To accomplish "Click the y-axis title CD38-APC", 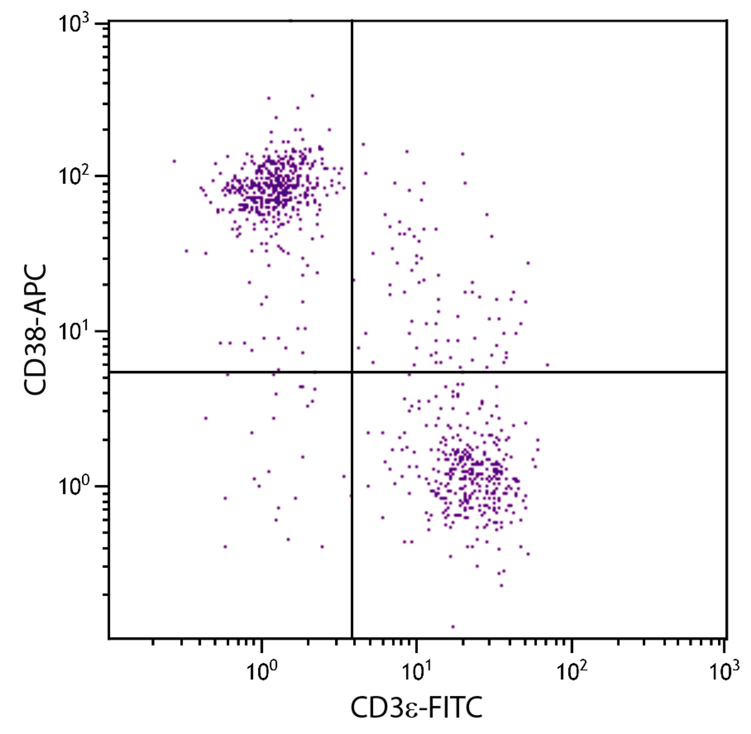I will point(35,330).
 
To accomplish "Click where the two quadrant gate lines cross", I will point(352,372).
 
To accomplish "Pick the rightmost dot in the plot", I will point(548,365).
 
